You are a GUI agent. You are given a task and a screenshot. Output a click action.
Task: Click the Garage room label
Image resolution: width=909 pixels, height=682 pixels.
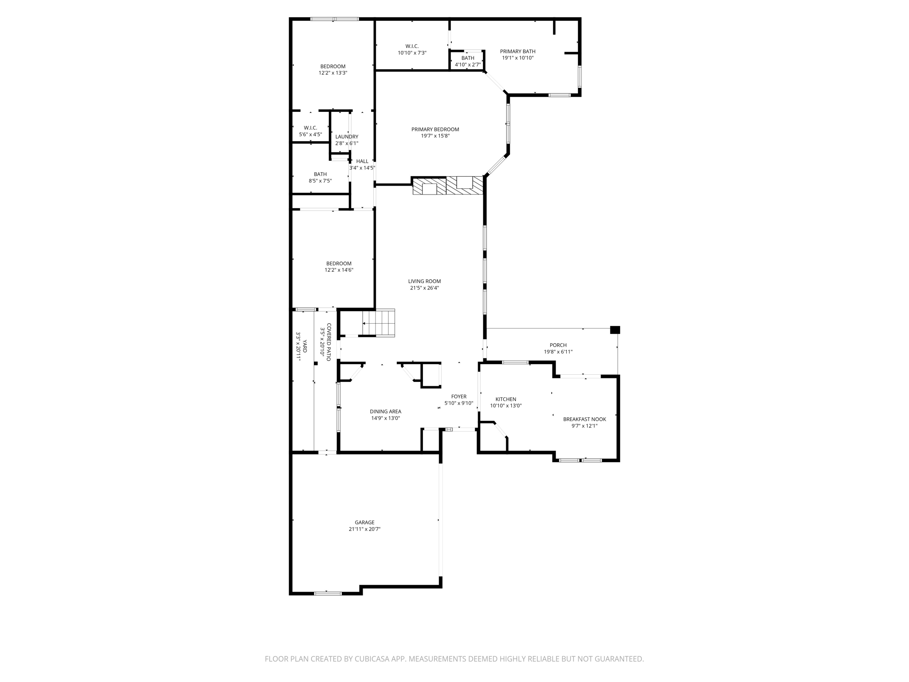click(364, 523)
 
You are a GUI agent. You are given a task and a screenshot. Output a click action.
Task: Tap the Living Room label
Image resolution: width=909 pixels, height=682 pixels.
click(424, 281)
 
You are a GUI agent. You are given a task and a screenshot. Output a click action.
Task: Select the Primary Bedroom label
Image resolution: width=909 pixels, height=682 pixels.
click(435, 130)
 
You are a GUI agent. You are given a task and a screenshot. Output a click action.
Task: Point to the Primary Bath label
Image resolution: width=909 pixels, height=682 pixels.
click(518, 52)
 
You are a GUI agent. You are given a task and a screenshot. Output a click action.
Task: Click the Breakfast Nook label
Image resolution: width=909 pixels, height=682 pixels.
click(585, 419)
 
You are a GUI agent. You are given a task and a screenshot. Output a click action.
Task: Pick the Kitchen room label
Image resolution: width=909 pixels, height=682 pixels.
click(506, 399)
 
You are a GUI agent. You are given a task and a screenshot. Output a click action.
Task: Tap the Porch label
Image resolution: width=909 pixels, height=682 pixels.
click(558, 345)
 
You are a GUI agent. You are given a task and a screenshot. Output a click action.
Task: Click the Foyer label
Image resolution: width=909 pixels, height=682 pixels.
click(458, 397)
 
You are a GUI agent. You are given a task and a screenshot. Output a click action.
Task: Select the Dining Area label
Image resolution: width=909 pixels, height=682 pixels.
click(385, 412)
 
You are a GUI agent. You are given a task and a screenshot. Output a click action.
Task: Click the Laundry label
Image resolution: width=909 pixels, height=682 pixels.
click(347, 137)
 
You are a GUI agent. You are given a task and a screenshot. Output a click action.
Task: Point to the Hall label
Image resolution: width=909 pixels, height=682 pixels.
click(362, 161)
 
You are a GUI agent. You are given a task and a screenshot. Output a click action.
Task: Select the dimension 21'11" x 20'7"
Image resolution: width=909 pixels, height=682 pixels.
click(364, 529)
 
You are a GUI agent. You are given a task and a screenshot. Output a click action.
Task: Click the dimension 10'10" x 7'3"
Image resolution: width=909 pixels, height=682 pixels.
click(412, 53)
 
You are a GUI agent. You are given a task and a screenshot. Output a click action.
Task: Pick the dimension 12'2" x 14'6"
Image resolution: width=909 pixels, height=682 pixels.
click(339, 270)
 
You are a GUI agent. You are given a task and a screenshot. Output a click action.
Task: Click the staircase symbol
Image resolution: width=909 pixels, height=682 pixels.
click(378, 323)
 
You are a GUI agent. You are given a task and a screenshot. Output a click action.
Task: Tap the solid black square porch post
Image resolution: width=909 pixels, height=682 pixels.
click(615, 330)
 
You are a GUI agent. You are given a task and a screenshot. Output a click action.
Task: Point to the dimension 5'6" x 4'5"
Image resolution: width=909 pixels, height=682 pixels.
click(310, 135)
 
